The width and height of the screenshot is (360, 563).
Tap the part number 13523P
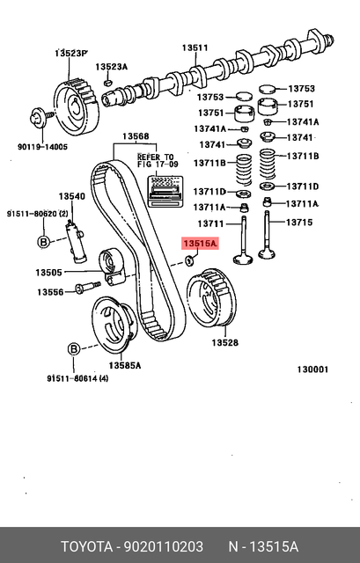(72, 54)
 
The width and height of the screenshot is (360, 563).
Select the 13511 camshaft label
(195, 48)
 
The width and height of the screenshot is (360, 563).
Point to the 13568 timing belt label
(136, 136)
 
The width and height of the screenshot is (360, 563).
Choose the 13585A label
(124, 364)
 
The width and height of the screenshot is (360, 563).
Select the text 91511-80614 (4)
(78, 379)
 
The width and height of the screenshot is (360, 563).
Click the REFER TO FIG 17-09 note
(157, 159)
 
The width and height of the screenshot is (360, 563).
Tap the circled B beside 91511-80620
(41, 242)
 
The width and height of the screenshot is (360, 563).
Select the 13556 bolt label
(49, 291)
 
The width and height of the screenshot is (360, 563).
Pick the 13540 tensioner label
(71, 196)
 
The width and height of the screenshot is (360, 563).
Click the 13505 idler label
(49, 272)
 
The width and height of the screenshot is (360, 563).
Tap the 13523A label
(112, 67)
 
